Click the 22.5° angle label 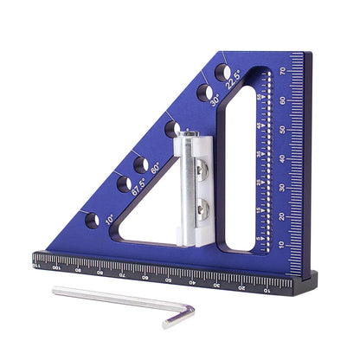click(x=235, y=82)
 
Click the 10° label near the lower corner click(x=110, y=220)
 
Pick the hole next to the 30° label click(x=205, y=90)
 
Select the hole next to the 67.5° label click(x=125, y=183)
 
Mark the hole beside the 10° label click(x=92, y=220)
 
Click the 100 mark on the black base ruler click(x=55, y=269)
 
